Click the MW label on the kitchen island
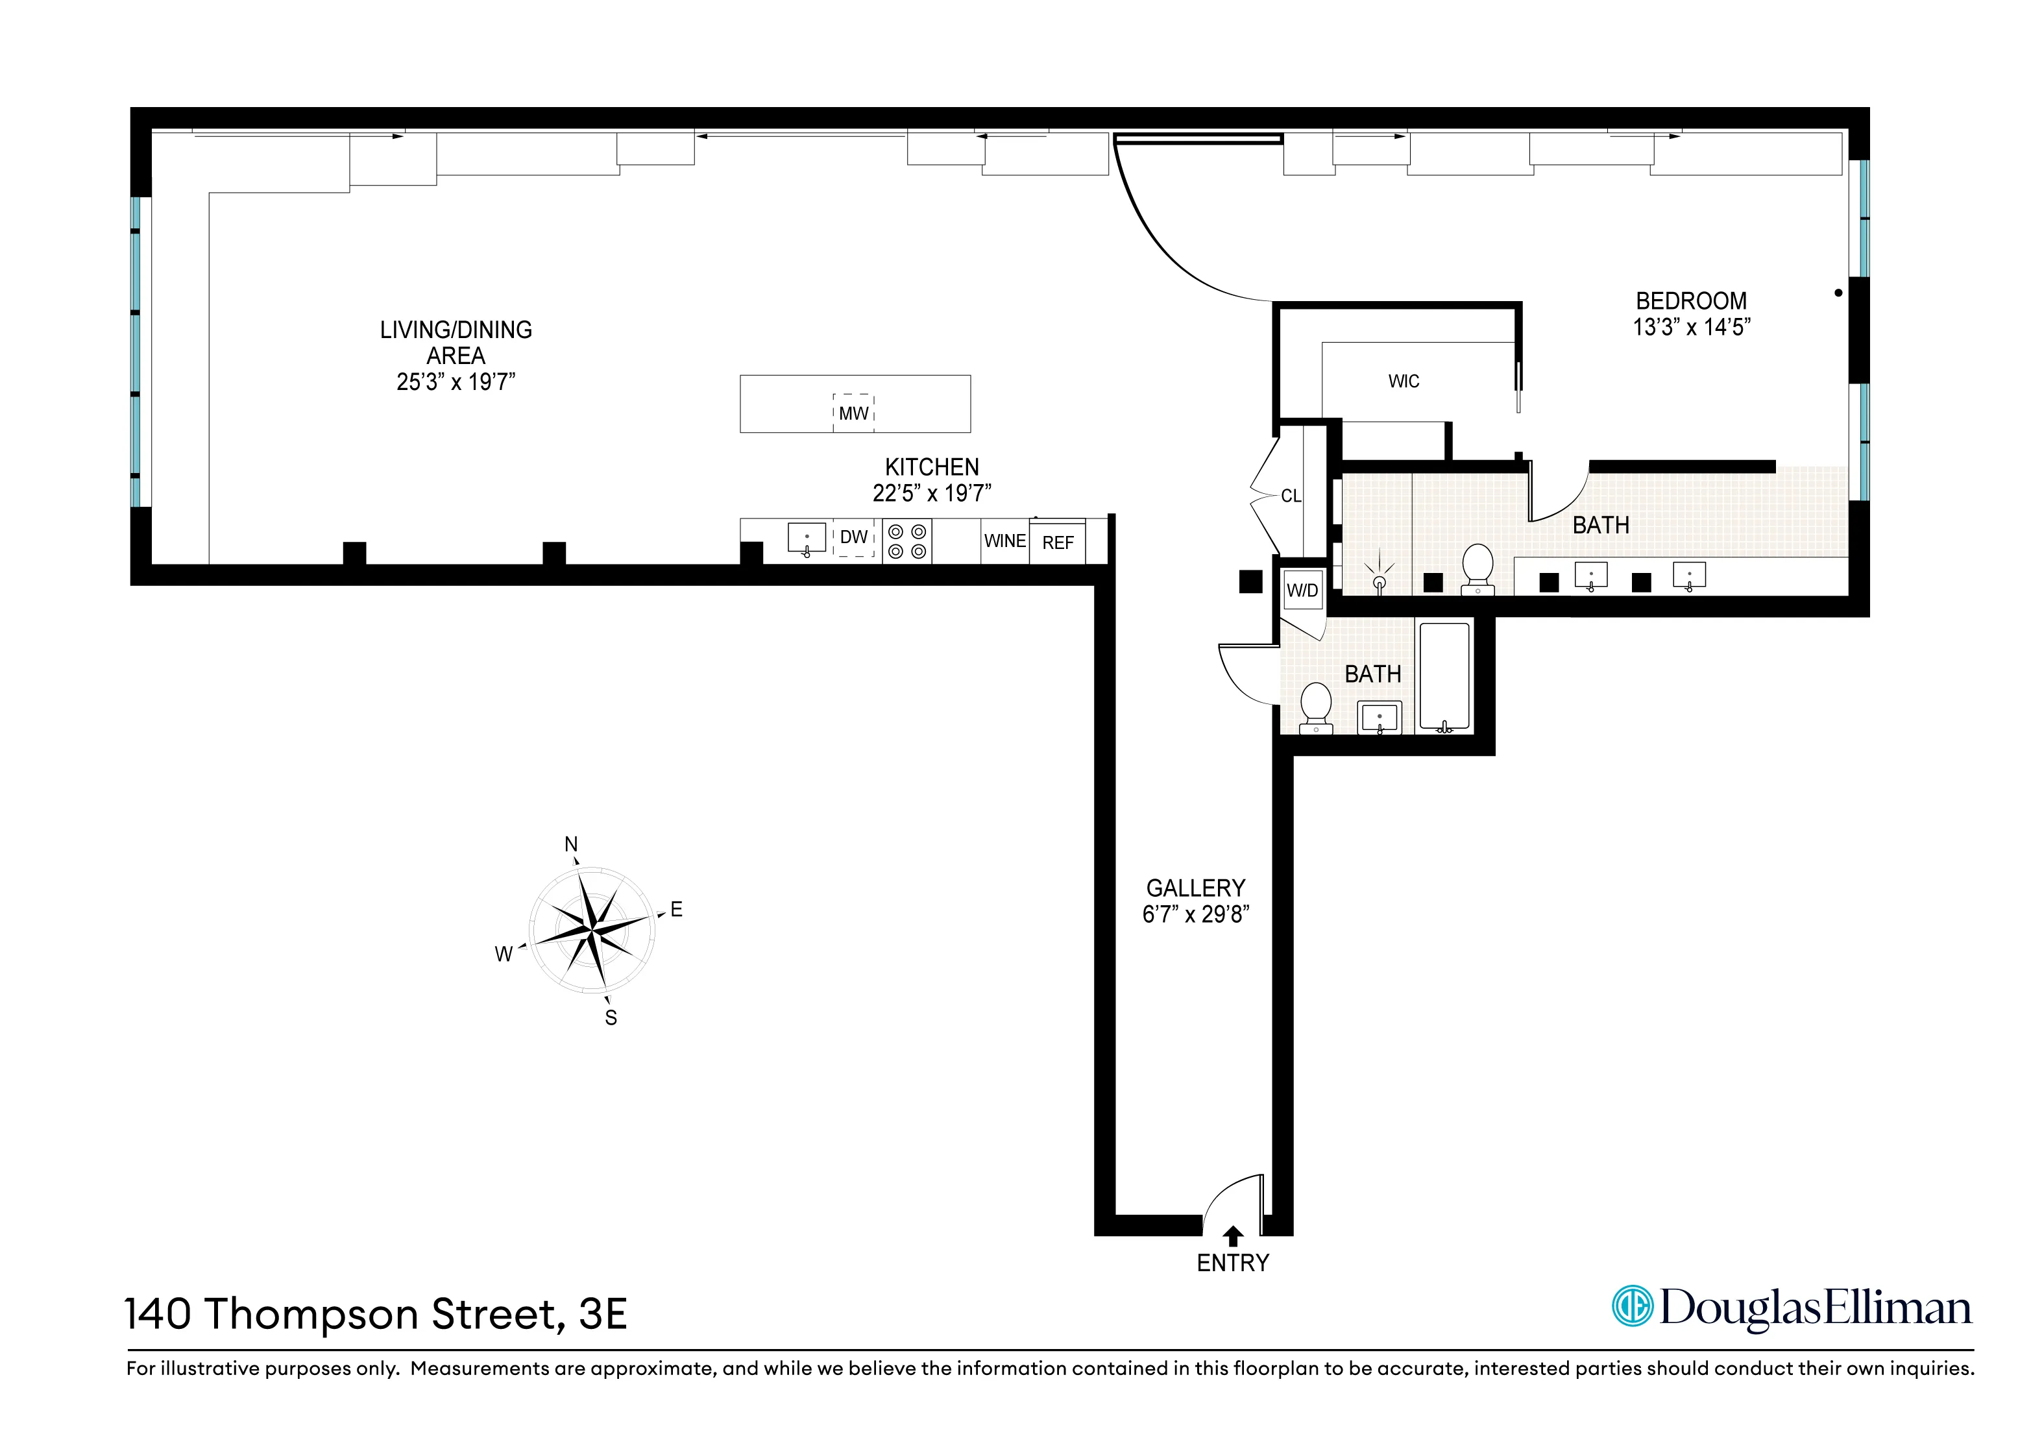pyautogui.click(x=854, y=413)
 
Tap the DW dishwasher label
pyautogui.click(x=854, y=537)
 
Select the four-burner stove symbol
pyautogui.click(x=906, y=541)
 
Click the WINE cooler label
pyautogui.click(x=1005, y=541)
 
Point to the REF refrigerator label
pyautogui.click(x=1058, y=542)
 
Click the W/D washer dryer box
pyautogui.click(x=1302, y=590)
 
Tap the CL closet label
pyautogui.click(x=1291, y=496)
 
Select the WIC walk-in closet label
pyautogui.click(x=1404, y=382)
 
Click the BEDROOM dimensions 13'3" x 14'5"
pyautogui.click(x=1692, y=328)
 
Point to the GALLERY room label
pyautogui.click(x=1195, y=888)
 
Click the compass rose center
pyautogui.click(x=591, y=929)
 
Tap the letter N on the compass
pyautogui.click(x=572, y=844)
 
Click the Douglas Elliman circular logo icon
pyautogui.click(x=1632, y=1306)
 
